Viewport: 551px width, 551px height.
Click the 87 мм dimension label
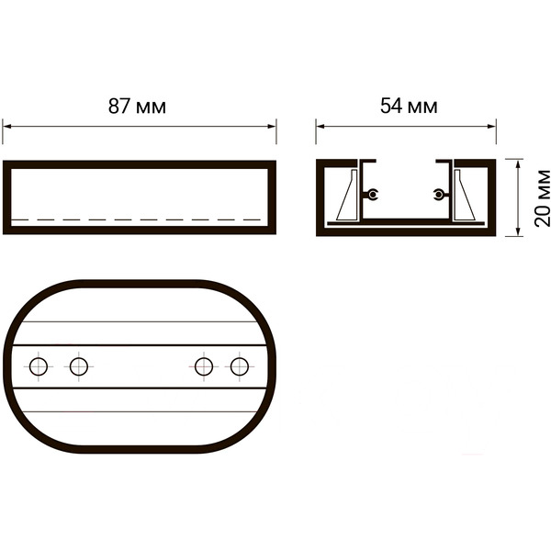click(x=137, y=107)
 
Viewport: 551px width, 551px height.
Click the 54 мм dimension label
click(x=409, y=106)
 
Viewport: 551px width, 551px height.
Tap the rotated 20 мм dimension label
click(x=542, y=197)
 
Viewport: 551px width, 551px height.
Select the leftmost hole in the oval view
click(x=39, y=366)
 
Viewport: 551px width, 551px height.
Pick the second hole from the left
click(x=79, y=366)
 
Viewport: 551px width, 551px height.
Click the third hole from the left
click(x=204, y=366)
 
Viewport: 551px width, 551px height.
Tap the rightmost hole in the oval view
click(x=240, y=366)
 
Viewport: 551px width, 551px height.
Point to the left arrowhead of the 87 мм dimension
click(x=7, y=127)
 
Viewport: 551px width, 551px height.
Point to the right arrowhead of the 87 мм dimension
click(x=272, y=127)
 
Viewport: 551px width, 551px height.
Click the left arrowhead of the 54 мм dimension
click(x=320, y=127)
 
